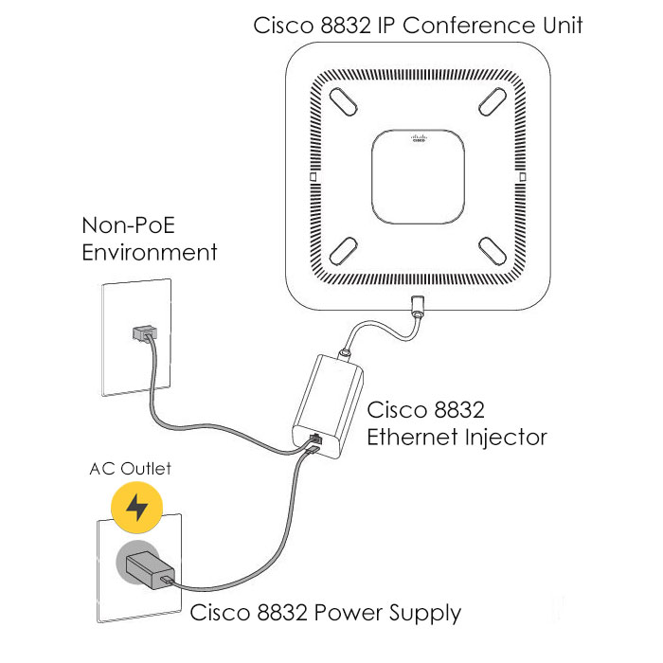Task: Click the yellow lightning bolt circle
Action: pos(137,508)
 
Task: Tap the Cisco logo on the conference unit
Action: pos(418,138)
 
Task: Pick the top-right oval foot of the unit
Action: pos(493,98)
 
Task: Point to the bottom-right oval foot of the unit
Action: pos(493,249)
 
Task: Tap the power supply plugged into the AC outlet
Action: pos(147,567)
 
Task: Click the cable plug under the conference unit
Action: pos(416,307)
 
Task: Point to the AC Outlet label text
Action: pos(131,468)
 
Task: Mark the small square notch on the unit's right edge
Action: pos(523,177)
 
